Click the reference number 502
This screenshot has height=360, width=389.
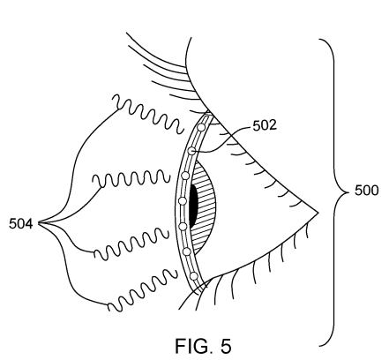(x=264, y=125)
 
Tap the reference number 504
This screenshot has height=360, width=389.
(x=19, y=225)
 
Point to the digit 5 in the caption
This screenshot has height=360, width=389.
(x=226, y=347)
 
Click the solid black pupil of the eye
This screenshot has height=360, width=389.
(x=194, y=206)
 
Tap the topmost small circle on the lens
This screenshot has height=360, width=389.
(x=202, y=129)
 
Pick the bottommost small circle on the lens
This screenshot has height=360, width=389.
(x=194, y=276)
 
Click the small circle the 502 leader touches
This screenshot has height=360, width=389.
(x=191, y=152)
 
